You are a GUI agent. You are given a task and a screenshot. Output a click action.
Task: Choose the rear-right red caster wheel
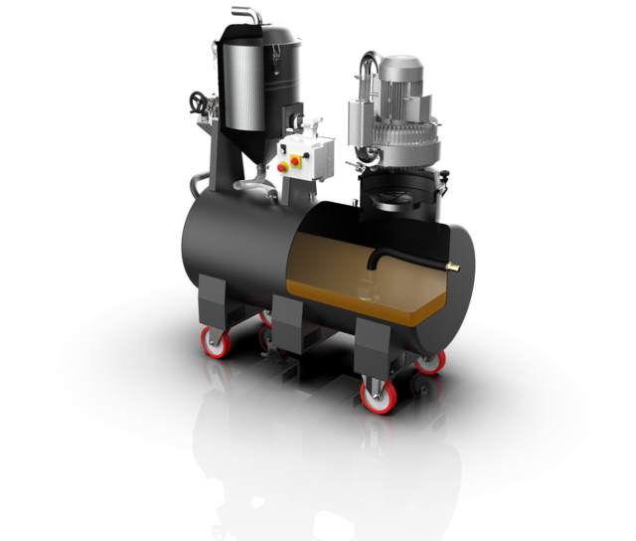pos(429,361)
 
